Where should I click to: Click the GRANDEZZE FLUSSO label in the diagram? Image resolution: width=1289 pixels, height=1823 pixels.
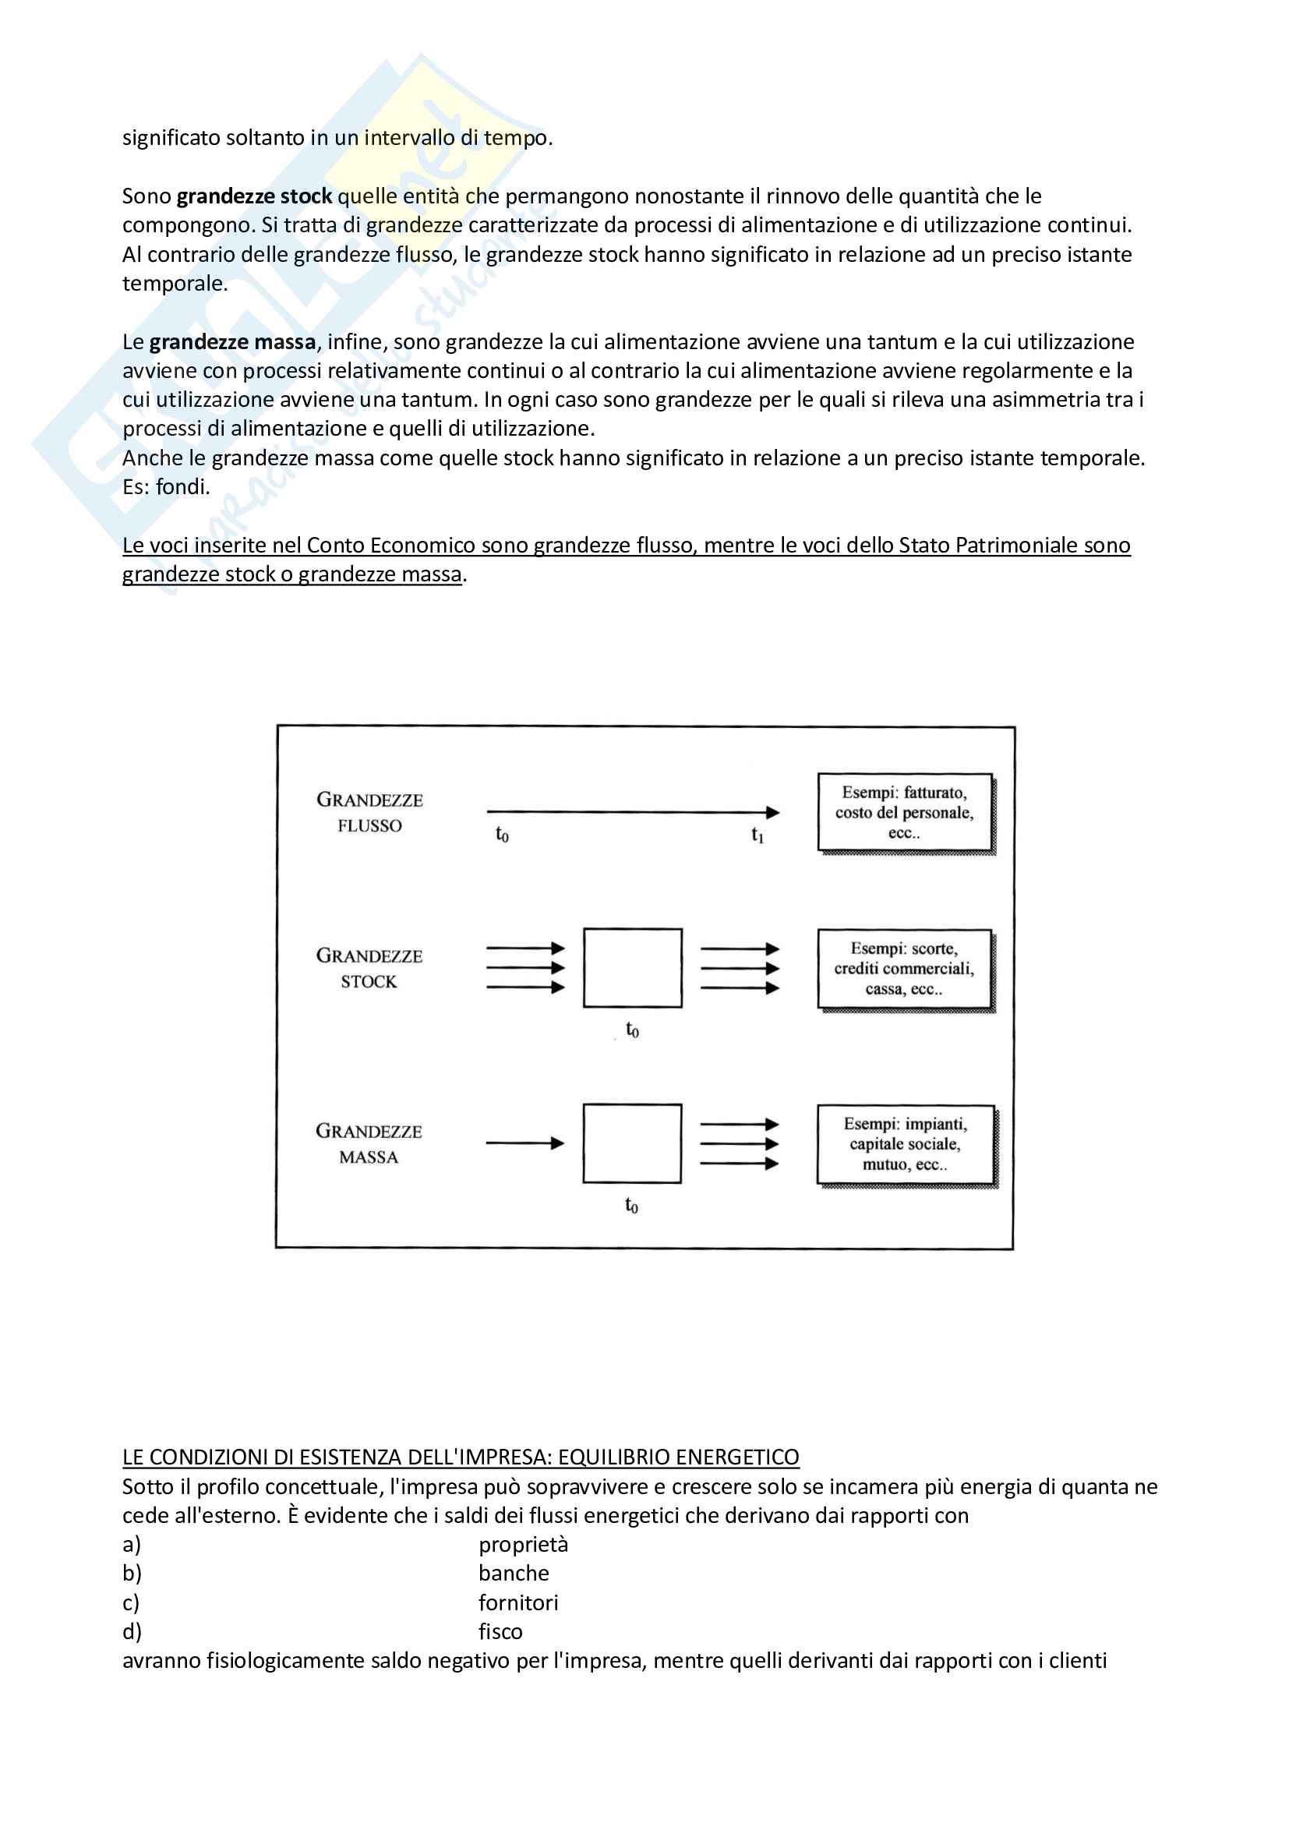click(369, 812)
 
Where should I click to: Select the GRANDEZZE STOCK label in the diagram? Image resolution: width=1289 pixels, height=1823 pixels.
click(369, 968)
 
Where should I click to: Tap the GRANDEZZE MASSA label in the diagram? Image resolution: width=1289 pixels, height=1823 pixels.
click(369, 1143)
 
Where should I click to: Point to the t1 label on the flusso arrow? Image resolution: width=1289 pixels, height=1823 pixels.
click(758, 835)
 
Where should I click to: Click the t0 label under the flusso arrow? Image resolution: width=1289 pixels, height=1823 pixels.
click(502, 835)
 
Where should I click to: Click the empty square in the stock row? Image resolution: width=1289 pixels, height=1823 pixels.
click(633, 968)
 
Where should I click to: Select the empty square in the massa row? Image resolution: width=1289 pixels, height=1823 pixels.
click(632, 1143)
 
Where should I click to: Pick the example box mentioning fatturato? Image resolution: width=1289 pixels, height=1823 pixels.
click(905, 812)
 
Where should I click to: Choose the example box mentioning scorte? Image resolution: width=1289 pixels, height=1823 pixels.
click(905, 969)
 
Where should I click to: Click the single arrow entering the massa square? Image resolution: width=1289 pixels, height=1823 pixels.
click(524, 1143)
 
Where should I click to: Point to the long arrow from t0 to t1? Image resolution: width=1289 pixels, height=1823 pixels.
click(633, 812)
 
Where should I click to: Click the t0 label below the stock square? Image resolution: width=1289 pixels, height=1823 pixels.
click(632, 1030)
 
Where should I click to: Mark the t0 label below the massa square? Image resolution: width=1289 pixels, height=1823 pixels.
click(631, 1205)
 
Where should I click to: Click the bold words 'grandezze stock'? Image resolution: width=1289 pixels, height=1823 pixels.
click(254, 196)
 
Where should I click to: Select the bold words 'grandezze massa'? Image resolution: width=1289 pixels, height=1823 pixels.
click(232, 342)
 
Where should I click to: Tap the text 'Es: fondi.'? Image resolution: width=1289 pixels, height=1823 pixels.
click(166, 486)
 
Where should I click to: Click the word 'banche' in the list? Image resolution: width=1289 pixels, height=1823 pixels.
click(514, 1573)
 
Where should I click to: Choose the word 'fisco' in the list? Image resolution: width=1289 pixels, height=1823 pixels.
click(500, 1630)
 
